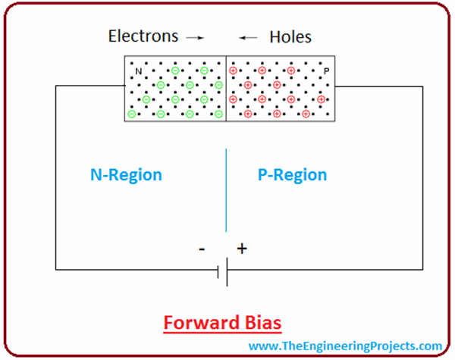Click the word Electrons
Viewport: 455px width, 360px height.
pos(143,36)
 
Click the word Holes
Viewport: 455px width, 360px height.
pos(290,36)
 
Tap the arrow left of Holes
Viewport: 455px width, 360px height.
pos(247,36)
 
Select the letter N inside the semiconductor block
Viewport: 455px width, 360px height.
pos(138,72)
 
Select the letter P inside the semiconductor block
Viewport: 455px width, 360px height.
pos(327,72)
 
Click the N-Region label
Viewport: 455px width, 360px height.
pos(126,175)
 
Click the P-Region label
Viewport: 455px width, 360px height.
pos(292,175)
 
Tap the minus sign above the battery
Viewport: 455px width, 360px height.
pos(202,249)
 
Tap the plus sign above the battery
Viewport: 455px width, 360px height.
pos(242,248)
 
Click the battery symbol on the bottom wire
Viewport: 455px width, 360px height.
pos(222,269)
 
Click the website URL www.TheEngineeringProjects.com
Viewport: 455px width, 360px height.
pos(345,346)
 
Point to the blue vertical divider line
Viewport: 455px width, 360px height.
pos(226,189)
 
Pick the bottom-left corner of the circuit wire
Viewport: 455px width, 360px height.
pos(55,269)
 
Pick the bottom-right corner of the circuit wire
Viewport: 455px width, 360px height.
pos(423,269)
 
